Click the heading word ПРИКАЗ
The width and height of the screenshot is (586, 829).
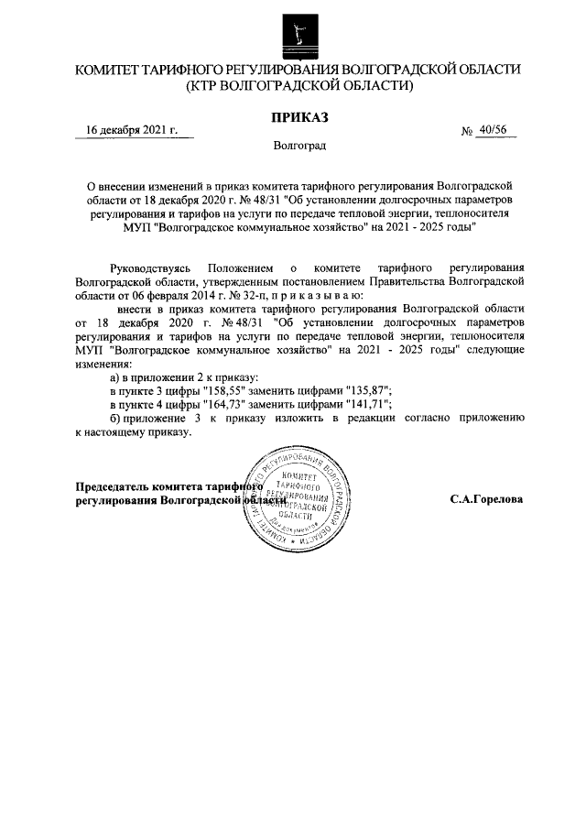tap(298, 116)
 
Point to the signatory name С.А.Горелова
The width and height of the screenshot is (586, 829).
tap(486, 501)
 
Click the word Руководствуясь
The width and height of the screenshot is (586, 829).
tap(151, 267)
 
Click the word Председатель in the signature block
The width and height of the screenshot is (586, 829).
tap(114, 487)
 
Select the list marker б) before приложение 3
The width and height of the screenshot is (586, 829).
tap(115, 418)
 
